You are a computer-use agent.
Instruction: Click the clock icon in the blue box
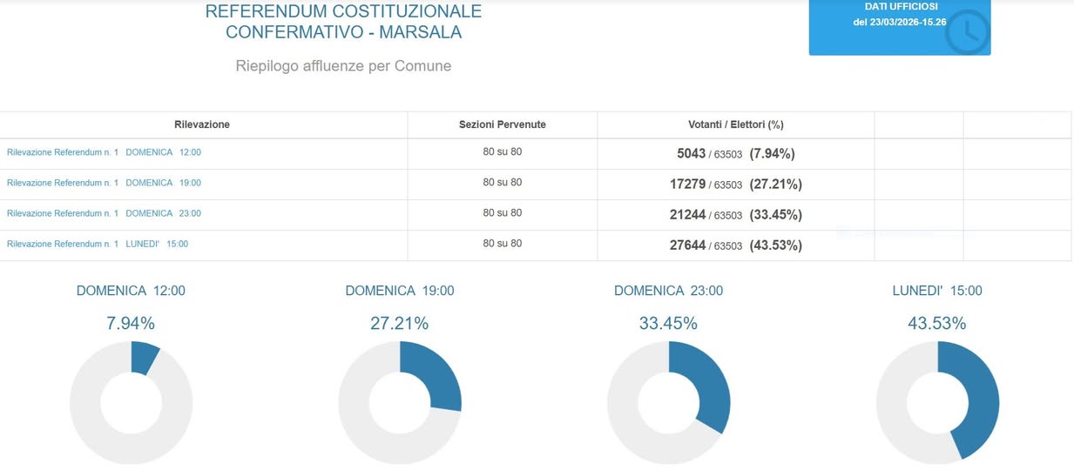[968, 32]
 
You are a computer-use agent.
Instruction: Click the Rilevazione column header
[202, 124]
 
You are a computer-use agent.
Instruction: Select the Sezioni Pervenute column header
[503, 124]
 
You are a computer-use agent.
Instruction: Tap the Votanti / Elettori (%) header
[735, 124]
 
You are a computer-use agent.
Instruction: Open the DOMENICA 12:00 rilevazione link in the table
[104, 152]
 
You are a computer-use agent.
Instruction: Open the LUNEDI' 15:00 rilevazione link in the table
[98, 244]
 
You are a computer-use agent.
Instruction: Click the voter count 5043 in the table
[691, 153]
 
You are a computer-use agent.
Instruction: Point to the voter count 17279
[687, 184]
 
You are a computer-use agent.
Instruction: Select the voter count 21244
[687, 214]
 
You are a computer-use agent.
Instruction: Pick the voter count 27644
[687, 245]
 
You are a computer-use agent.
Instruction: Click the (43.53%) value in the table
[775, 245]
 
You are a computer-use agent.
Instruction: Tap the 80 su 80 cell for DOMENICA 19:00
[503, 183]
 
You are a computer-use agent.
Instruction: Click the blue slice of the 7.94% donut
[144, 356]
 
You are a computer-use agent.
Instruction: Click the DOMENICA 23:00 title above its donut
[668, 291]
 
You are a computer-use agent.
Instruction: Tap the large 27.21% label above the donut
[399, 323]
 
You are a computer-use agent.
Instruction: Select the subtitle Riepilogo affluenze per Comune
[343, 65]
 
